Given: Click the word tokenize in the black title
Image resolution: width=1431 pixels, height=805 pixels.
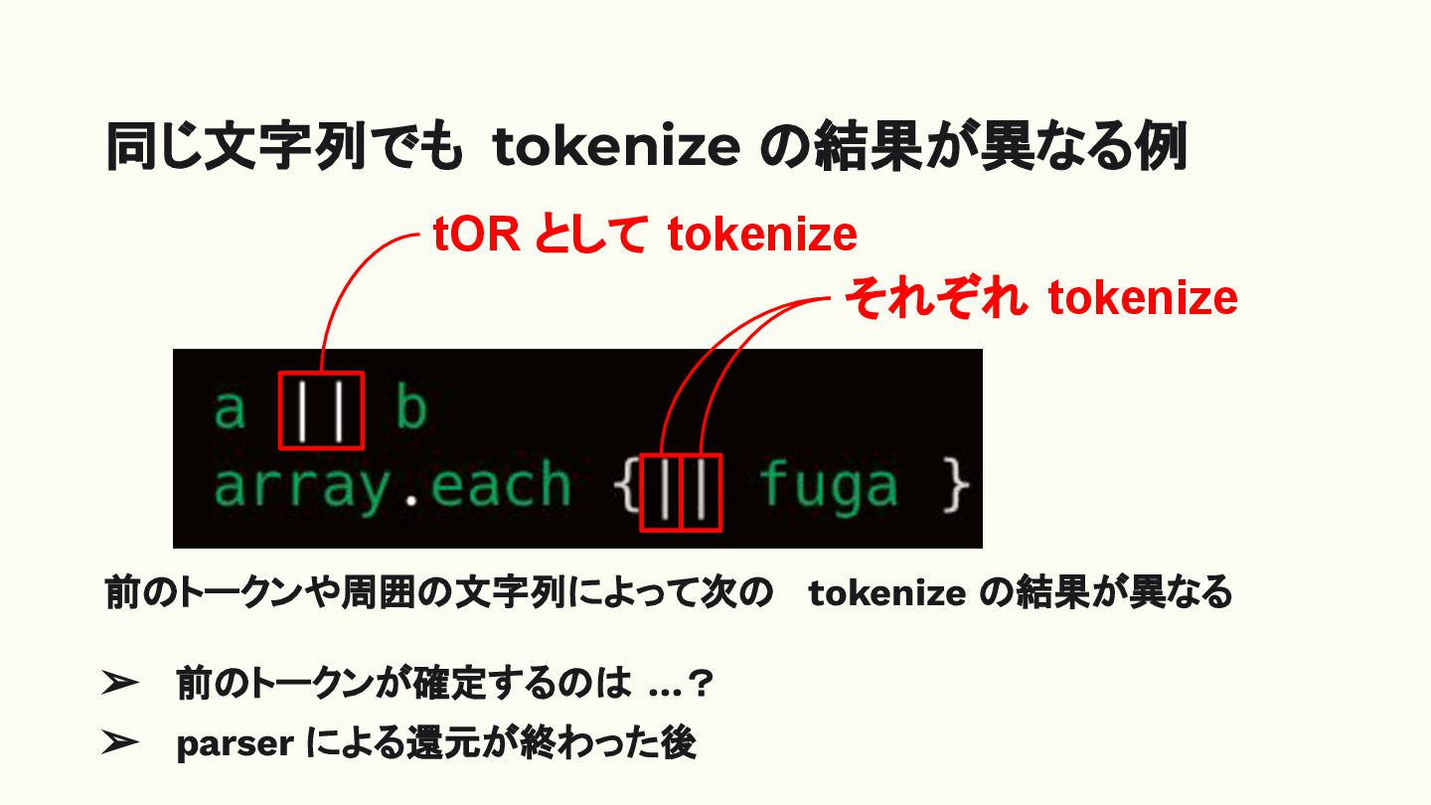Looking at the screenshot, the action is (x=616, y=149).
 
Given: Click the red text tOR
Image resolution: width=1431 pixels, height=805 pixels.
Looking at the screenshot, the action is (x=475, y=236).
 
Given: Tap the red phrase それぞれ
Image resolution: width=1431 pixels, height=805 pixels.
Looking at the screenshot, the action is (x=935, y=298).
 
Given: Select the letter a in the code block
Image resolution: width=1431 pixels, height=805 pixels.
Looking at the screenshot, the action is (x=231, y=408).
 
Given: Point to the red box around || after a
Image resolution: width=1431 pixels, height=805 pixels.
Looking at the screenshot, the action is (x=321, y=409).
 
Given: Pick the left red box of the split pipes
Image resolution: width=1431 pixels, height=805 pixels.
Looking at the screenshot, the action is (x=661, y=492).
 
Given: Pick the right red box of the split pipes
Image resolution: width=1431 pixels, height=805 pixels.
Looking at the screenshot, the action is (x=701, y=492).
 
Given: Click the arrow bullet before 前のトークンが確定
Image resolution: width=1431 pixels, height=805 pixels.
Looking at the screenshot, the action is (x=119, y=684).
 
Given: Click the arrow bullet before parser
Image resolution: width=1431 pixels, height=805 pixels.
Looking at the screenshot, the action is (x=119, y=742).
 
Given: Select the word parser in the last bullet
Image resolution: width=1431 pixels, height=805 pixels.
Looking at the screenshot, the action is (x=234, y=744).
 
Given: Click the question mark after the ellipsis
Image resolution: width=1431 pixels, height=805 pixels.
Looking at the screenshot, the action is (x=704, y=684).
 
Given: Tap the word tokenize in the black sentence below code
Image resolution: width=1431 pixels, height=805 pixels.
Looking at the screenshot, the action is (x=887, y=593).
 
